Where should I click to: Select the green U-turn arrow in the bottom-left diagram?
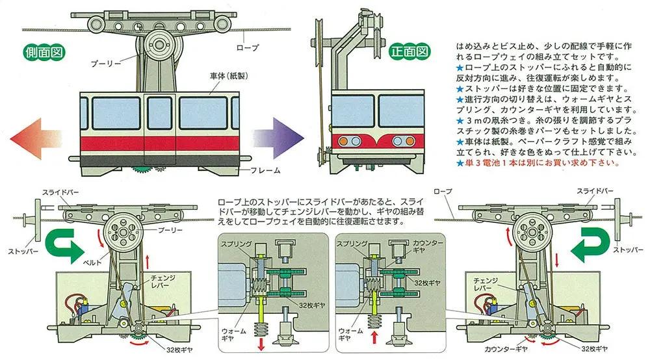click(62, 247)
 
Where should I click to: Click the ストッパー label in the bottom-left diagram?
click(23, 250)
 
